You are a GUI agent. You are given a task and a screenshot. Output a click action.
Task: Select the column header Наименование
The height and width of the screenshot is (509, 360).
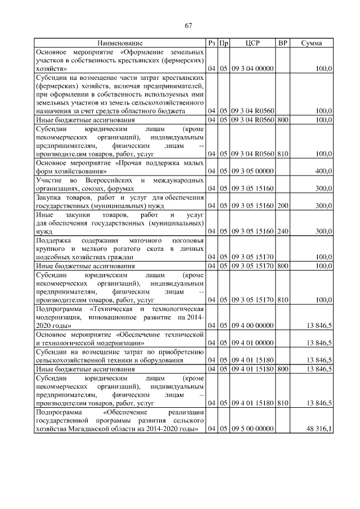[x=120, y=43]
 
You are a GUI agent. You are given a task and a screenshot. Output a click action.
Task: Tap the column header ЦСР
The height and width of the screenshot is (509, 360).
[x=252, y=43]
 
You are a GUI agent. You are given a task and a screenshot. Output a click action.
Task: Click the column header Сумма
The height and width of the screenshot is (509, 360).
[x=311, y=43]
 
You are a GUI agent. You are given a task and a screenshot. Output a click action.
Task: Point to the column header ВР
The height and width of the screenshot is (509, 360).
[x=282, y=43]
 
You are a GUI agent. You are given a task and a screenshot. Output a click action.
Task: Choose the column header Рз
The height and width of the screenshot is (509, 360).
[x=211, y=43]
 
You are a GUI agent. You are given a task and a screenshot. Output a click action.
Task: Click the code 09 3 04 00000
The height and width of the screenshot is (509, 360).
[x=252, y=68]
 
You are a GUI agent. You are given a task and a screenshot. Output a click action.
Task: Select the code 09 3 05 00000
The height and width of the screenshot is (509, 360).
[x=252, y=170]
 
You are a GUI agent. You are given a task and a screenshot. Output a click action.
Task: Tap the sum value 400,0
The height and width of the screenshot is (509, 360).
[x=323, y=170]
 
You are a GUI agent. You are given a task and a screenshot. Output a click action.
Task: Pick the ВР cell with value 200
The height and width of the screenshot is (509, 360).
[x=282, y=206]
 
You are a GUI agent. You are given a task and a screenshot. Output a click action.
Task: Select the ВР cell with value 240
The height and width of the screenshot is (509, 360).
[x=282, y=231]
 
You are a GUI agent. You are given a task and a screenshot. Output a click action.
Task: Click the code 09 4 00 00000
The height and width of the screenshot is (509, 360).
[x=252, y=325]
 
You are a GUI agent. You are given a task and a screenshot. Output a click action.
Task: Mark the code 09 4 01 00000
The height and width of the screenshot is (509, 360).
[x=252, y=342]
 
